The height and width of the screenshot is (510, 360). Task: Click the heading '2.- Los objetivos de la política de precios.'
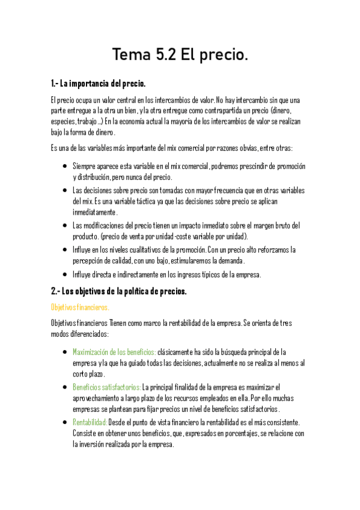tap(119, 291)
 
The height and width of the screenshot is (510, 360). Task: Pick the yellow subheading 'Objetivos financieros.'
tap(80, 307)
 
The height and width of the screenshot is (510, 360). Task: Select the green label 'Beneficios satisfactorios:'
tap(106, 387)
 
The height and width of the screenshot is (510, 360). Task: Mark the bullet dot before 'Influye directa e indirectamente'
tap(64, 275)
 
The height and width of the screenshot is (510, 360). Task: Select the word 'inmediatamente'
tap(95, 212)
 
